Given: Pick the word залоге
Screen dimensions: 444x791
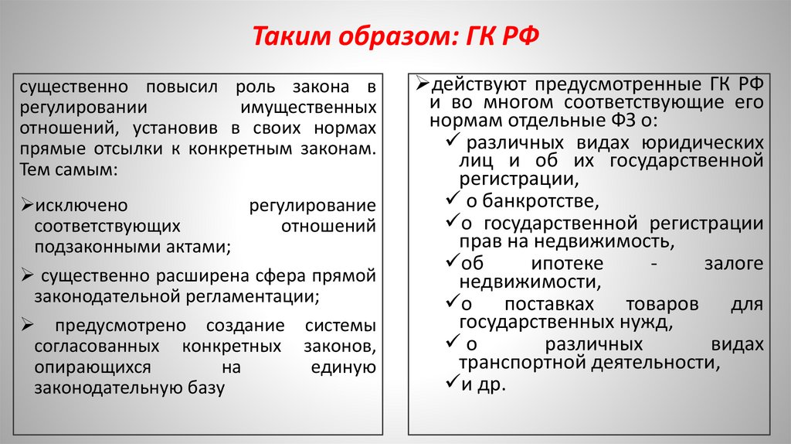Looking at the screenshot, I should tap(733, 263).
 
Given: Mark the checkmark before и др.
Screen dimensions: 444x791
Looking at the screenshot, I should tap(453, 382).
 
